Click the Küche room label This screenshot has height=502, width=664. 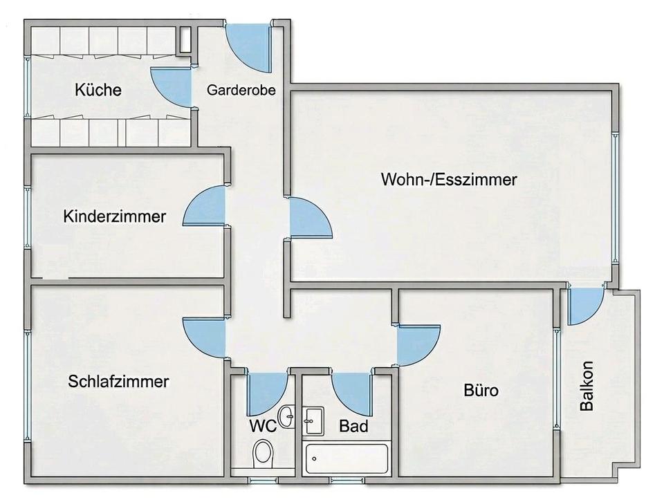[x=98, y=90]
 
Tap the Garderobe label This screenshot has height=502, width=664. [x=242, y=90]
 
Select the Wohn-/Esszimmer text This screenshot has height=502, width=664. [x=449, y=180]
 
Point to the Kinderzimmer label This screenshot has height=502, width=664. [x=115, y=216]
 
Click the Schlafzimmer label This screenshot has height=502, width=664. [x=119, y=382]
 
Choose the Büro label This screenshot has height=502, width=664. [x=480, y=391]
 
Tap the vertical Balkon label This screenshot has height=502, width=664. [x=587, y=387]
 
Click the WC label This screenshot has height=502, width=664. [x=263, y=425]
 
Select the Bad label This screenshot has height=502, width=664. [x=353, y=426]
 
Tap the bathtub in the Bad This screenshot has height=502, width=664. [x=347, y=458]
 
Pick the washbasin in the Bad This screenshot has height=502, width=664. [x=314, y=420]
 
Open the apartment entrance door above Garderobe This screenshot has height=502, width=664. [x=249, y=47]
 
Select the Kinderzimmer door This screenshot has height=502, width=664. [x=206, y=207]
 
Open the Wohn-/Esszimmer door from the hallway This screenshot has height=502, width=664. [x=308, y=218]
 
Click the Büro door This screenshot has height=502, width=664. [x=418, y=344]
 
